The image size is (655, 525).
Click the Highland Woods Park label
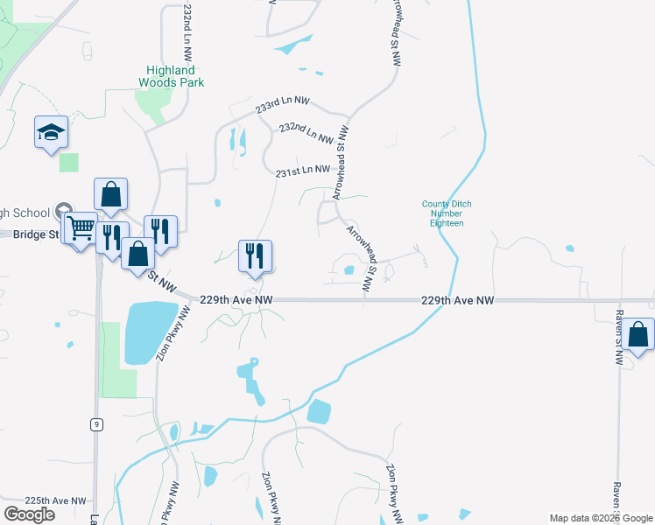click(x=172, y=76)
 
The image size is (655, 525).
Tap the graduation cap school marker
click(x=51, y=133)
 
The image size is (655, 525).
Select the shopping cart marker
click(x=81, y=229)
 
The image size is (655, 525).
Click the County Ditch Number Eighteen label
click(x=447, y=213)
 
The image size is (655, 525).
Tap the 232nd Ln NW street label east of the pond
click(x=306, y=133)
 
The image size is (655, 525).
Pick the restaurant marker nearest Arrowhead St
click(x=255, y=255)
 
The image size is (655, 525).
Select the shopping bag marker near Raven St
click(x=638, y=335)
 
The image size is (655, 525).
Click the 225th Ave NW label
click(x=55, y=501)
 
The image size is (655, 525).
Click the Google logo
click(x=30, y=514)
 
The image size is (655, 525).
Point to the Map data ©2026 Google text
click(x=600, y=518)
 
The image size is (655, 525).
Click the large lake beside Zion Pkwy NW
click(x=151, y=332)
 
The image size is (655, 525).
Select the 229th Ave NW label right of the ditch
click(x=457, y=300)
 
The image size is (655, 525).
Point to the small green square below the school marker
click(x=68, y=163)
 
